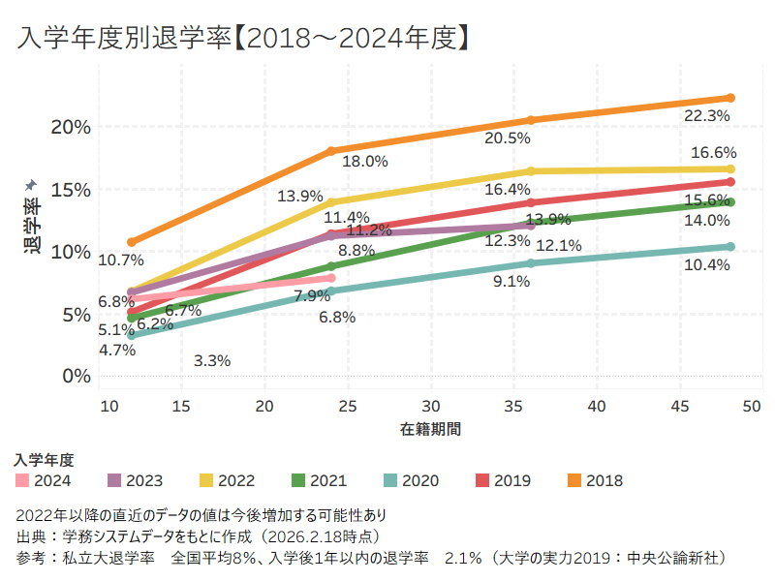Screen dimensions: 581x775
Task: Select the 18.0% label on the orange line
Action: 364,162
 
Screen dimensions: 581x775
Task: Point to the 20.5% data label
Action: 508,138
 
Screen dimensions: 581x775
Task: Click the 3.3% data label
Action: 212,361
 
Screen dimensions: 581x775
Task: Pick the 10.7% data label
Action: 121,260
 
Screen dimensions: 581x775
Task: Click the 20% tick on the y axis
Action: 70,127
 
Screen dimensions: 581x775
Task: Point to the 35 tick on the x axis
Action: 514,406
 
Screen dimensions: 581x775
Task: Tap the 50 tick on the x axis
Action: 750,406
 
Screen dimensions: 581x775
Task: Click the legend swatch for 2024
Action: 22,480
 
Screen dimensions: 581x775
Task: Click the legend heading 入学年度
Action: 45,459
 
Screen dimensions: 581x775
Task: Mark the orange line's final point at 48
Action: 730,98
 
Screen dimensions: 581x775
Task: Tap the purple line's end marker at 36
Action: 531,227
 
